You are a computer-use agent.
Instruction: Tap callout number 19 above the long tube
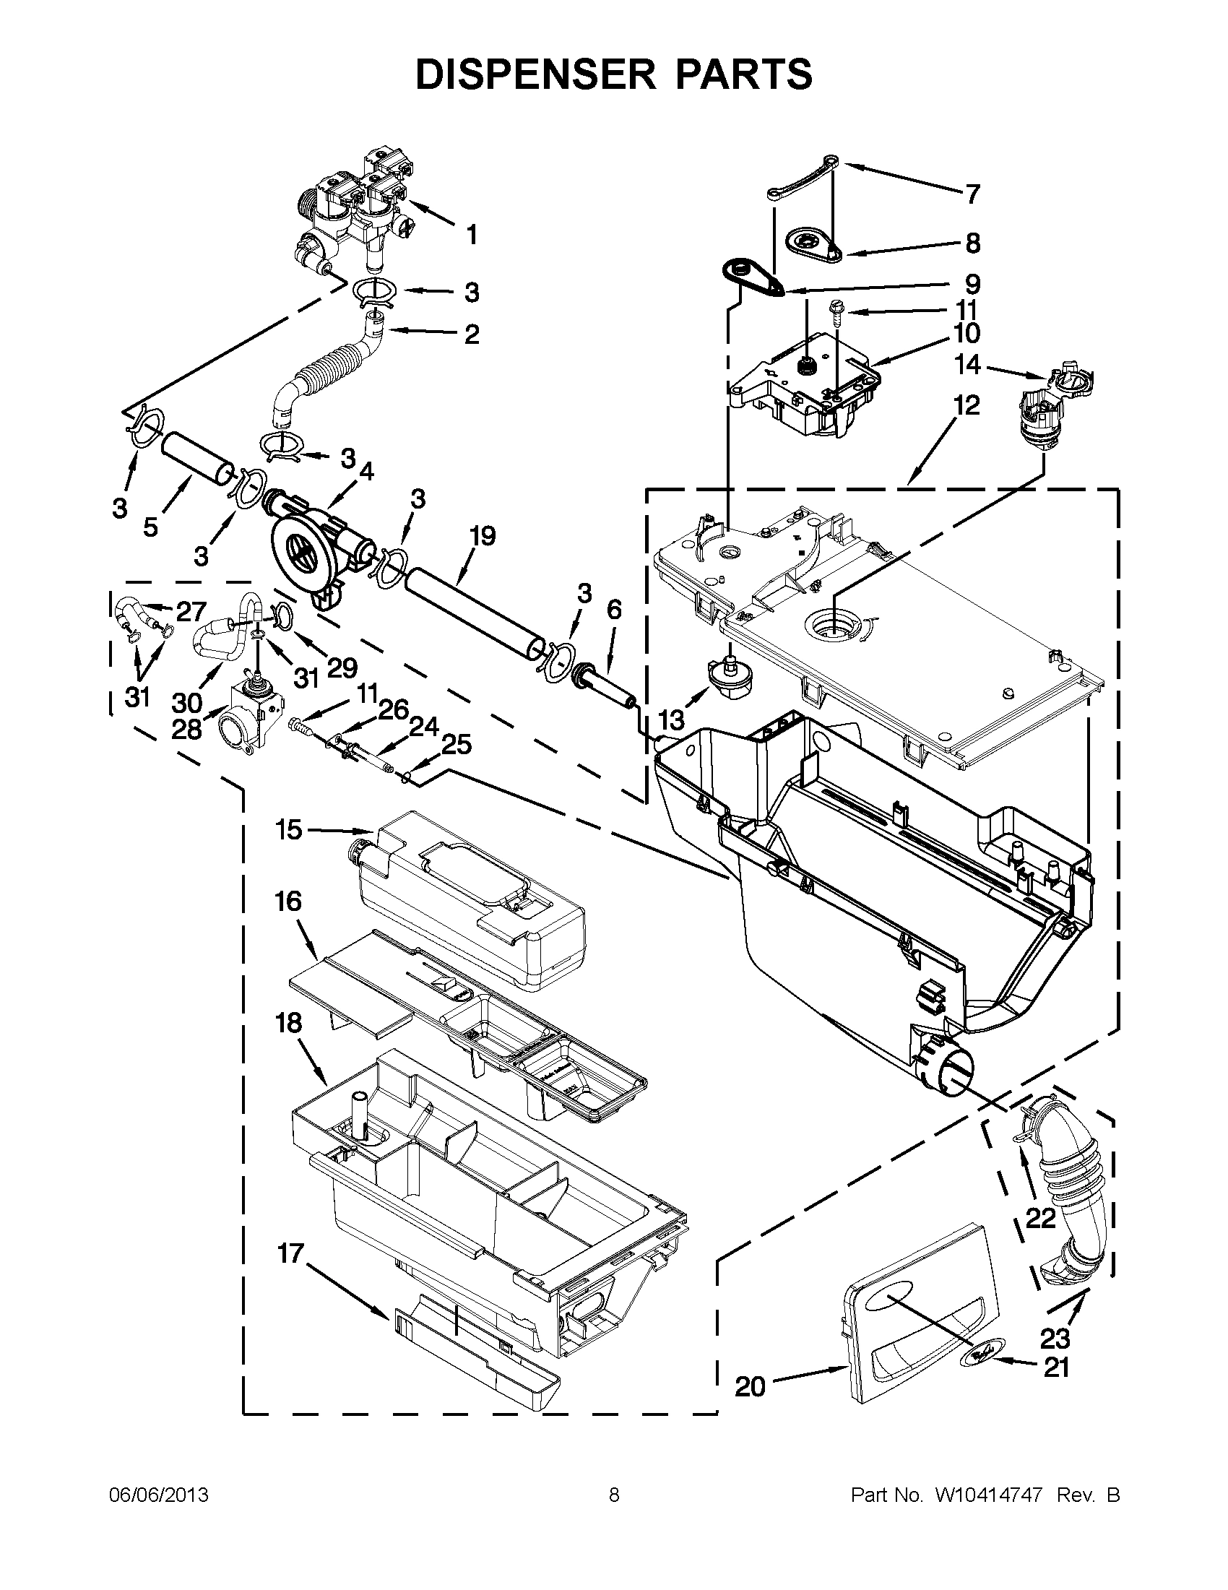pyautogui.click(x=482, y=536)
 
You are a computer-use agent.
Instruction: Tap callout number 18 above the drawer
pyautogui.click(x=288, y=1023)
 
